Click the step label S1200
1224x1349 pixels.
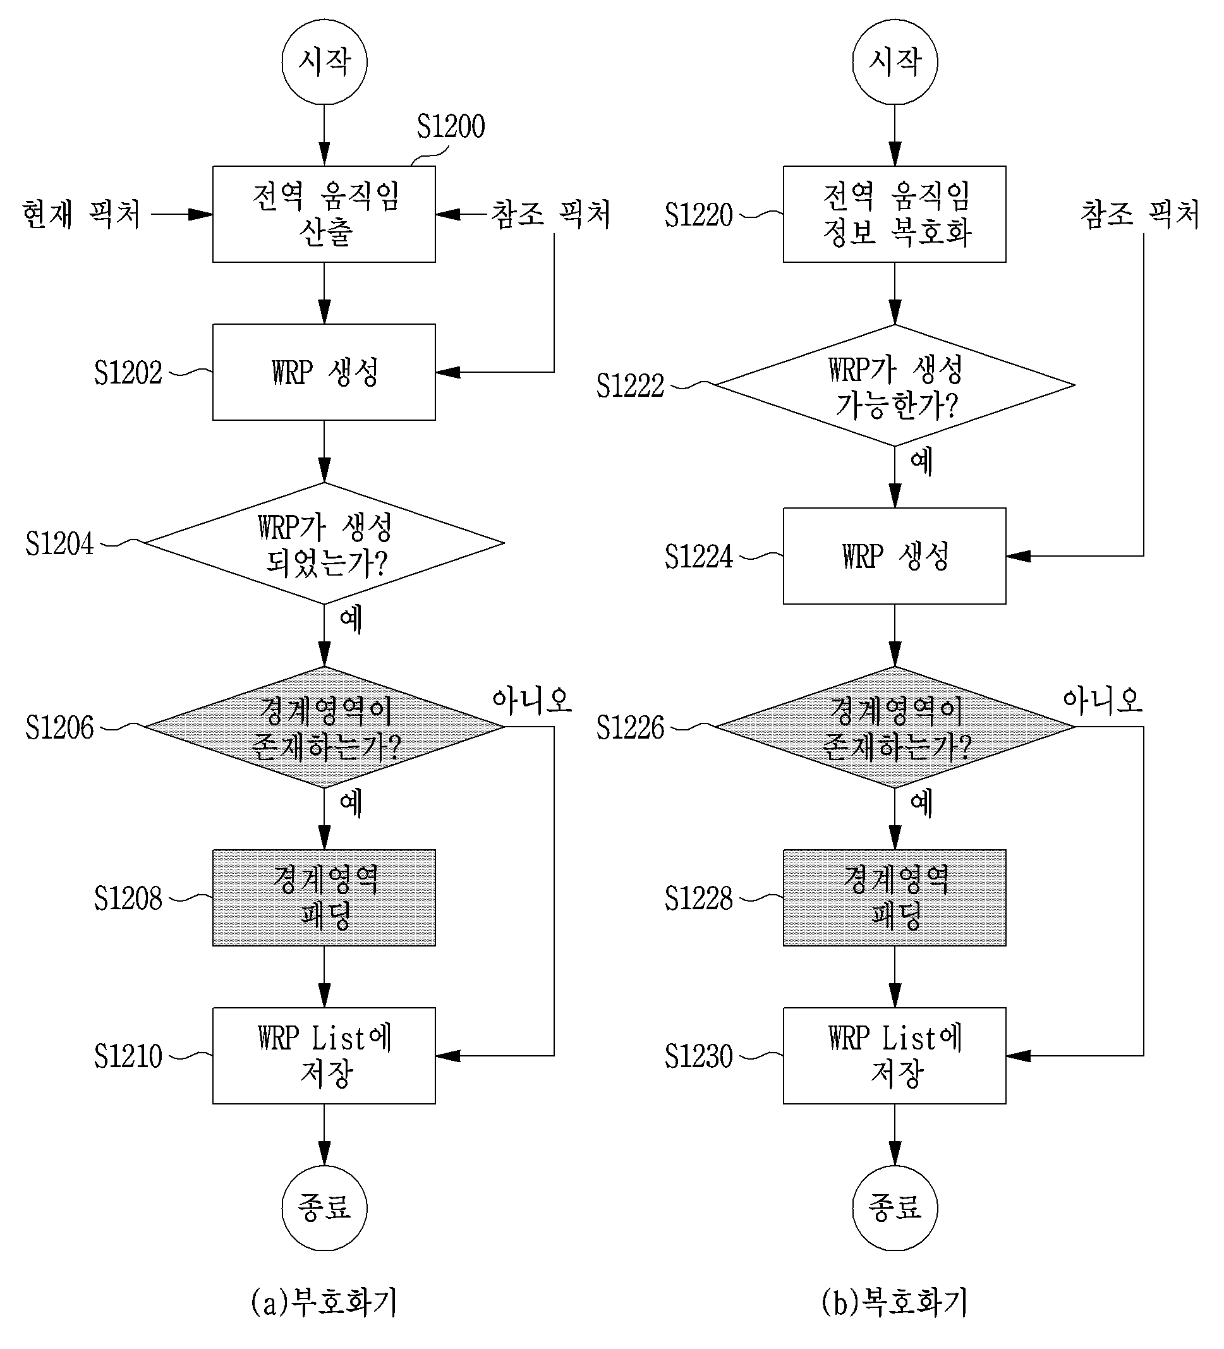coord(451,126)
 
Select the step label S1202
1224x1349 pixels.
coord(128,373)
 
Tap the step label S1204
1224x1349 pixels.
coord(59,543)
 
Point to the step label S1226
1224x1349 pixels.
coord(631,727)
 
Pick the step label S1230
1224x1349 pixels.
coord(699,1056)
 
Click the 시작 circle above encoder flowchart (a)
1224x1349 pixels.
coord(325,61)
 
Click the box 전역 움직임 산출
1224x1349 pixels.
coord(324,214)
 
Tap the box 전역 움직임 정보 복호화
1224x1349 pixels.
coord(895,214)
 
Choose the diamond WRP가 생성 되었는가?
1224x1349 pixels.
coord(325,543)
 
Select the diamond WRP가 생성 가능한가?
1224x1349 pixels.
coord(895,385)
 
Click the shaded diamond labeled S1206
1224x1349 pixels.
coord(325,727)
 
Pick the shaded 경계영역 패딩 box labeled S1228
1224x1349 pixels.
coord(895,898)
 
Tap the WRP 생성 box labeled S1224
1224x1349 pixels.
coord(895,556)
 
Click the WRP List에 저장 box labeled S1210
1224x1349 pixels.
coord(324,1056)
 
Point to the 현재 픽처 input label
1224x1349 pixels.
coord(82,214)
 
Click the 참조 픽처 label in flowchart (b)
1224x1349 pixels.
coord(1140,214)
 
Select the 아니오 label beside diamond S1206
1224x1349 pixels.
coord(532,700)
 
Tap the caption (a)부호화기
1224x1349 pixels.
coord(325,1302)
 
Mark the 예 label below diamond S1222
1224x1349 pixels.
coord(921,461)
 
